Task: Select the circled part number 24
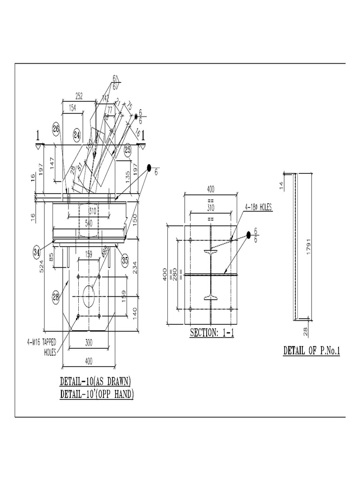point(77,135)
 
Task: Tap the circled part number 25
point(127,150)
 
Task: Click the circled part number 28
point(56,296)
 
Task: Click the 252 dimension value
point(79,96)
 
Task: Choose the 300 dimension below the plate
point(89,343)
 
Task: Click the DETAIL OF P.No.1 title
point(311,351)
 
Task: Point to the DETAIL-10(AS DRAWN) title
point(95,380)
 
